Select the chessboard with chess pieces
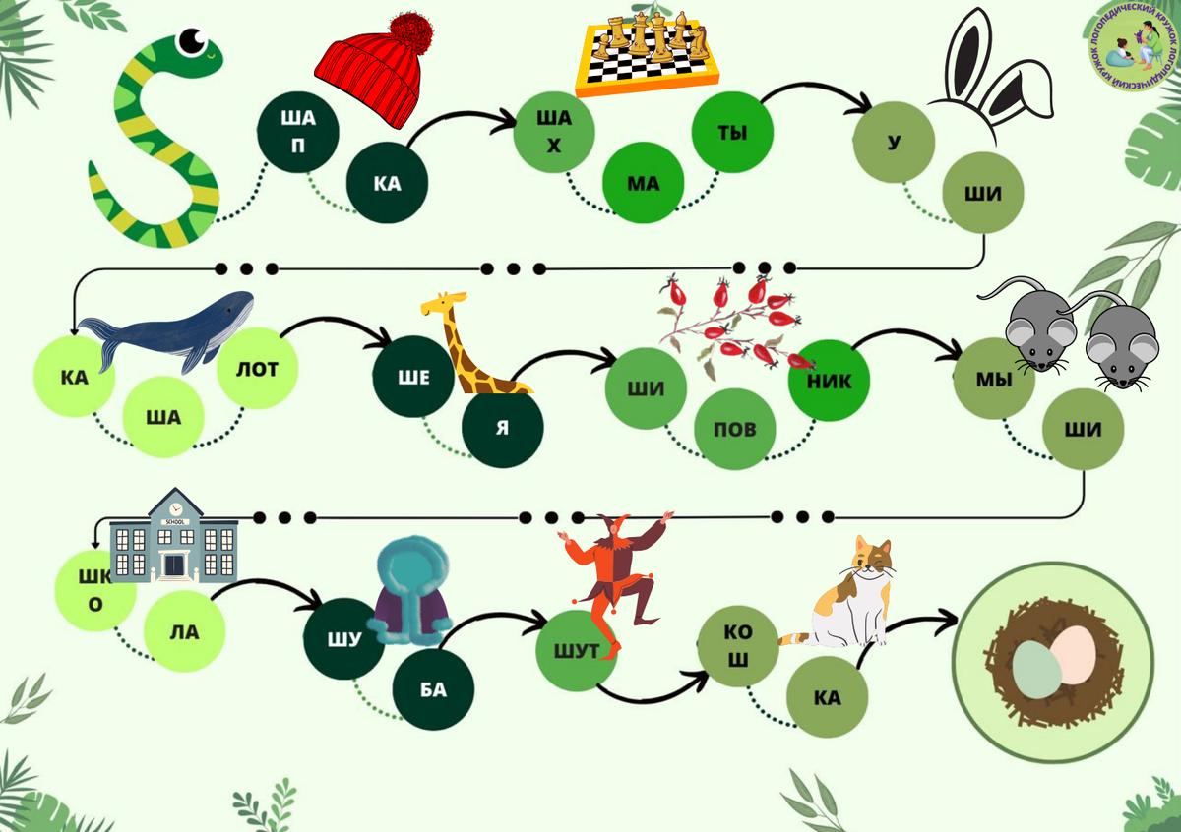(649, 55)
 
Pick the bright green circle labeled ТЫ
(732, 133)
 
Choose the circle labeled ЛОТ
(258, 370)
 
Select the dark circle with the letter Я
(503, 428)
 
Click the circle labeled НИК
(828, 381)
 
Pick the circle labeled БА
(433, 689)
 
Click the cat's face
(872, 561)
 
